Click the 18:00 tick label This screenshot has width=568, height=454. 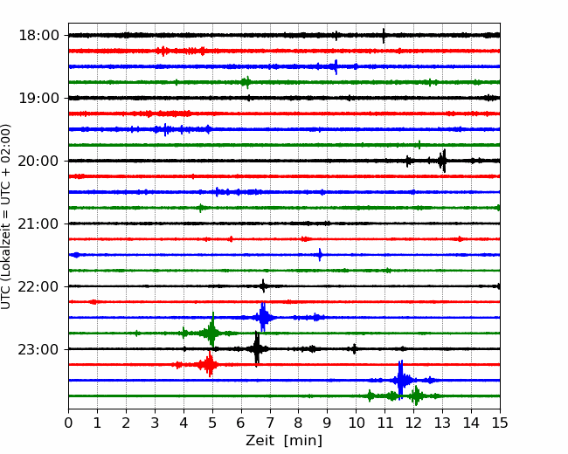point(38,36)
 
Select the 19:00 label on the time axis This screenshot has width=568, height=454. point(38,98)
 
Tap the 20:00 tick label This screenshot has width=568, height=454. point(38,161)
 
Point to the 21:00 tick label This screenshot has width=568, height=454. point(38,224)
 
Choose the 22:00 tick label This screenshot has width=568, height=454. point(38,286)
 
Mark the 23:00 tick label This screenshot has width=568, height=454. point(38,349)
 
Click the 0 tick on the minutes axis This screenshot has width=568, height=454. point(68,423)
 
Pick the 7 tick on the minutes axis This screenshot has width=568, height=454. point(270,423)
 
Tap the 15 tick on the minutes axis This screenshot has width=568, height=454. point(500,423)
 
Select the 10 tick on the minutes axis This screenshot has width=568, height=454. point(356,423)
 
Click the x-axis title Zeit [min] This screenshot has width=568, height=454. point(284,441)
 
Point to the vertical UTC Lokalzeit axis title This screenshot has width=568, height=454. point(6,217)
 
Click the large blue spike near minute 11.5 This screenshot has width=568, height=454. point(400,380)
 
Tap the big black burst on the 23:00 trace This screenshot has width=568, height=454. point(257,349)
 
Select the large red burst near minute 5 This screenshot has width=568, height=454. point(210,364)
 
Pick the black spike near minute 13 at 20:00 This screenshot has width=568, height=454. point(443,161)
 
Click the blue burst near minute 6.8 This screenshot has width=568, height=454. point(263,317)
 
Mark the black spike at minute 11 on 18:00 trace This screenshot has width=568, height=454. point(384,35)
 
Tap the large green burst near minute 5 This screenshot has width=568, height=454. point(212,333)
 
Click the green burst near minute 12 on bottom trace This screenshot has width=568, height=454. point(416,396)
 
